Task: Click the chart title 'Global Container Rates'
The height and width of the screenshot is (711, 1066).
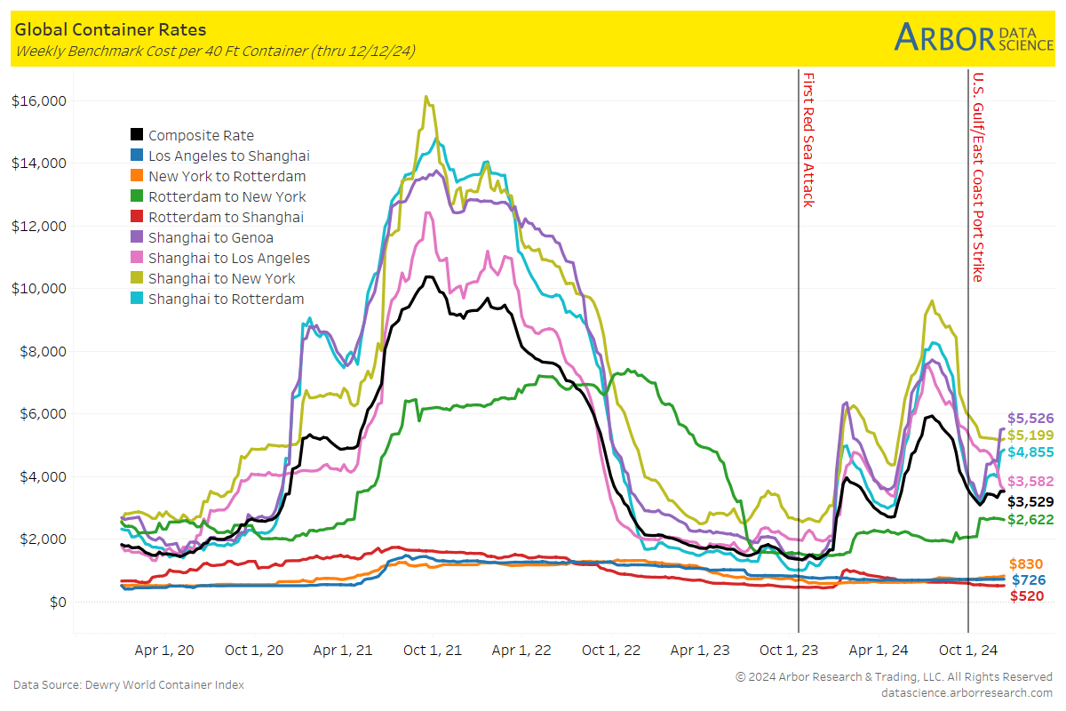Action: [x=111, y=29]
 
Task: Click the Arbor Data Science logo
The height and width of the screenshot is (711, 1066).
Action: [x=973, y=36]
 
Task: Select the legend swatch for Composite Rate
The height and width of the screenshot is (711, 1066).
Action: [x=137, y=135]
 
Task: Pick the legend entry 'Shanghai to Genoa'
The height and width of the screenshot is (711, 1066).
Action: [x=211, y=237]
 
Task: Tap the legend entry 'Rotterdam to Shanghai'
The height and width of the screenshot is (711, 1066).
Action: [x=226, y=217]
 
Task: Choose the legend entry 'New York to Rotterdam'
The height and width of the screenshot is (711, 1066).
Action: [x=227, y=176]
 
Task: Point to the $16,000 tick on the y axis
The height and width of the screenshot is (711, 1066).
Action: [x=40, y=100]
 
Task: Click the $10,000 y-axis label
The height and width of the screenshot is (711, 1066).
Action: [x=40, y=289]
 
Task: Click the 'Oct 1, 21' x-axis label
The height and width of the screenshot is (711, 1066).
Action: [x=433, y=650]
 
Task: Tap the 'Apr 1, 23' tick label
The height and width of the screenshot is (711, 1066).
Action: [x=702, y=650]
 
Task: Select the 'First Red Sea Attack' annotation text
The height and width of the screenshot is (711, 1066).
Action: [x=808, y=140]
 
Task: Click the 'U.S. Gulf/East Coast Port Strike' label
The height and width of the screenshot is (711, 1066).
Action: [x=978, y=177]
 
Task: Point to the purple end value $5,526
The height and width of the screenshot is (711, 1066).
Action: [x=1030, y=418]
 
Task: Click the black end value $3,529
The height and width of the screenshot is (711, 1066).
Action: [x=1030, y=501]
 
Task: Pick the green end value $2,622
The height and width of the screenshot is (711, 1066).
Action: [x=1030, y=519]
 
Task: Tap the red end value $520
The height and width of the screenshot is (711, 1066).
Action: [x=1027, y=596]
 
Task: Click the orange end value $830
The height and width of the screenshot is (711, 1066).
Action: [x=1027, y=564]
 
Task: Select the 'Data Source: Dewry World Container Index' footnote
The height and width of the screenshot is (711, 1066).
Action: [x=129, y=684]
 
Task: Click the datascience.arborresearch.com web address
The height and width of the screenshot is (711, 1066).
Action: [x=967, y=692]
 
